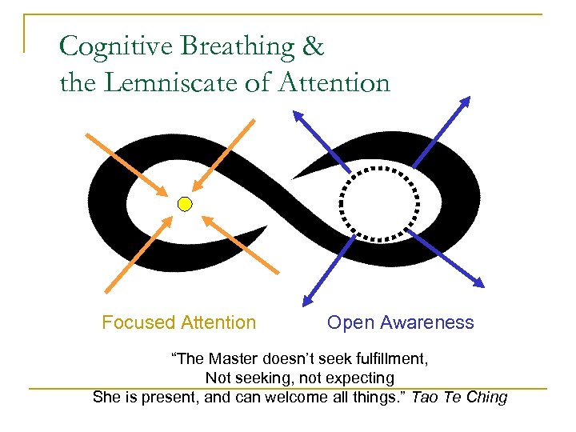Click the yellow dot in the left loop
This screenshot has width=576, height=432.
(x=185, y=204)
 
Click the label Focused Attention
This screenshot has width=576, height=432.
(x=178, y=322)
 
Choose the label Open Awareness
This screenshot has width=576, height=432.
(x=400, y=322)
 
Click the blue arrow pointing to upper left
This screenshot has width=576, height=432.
(x=321, y=139)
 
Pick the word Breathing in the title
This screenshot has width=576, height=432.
(x=235, y=47)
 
